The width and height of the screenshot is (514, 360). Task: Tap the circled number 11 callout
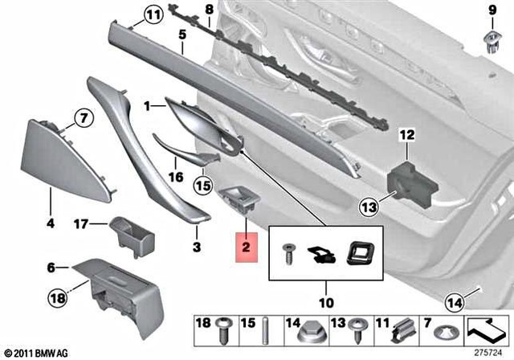point(153,14)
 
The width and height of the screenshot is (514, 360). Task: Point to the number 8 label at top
point(210,10)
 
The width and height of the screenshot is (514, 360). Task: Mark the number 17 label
point(81,224)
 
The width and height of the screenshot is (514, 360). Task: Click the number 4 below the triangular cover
point(50,224)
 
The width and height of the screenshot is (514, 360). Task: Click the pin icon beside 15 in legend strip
point(265,329)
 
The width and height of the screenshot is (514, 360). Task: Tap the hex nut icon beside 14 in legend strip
point(308,329)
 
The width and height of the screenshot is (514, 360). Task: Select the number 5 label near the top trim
point(182,35)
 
